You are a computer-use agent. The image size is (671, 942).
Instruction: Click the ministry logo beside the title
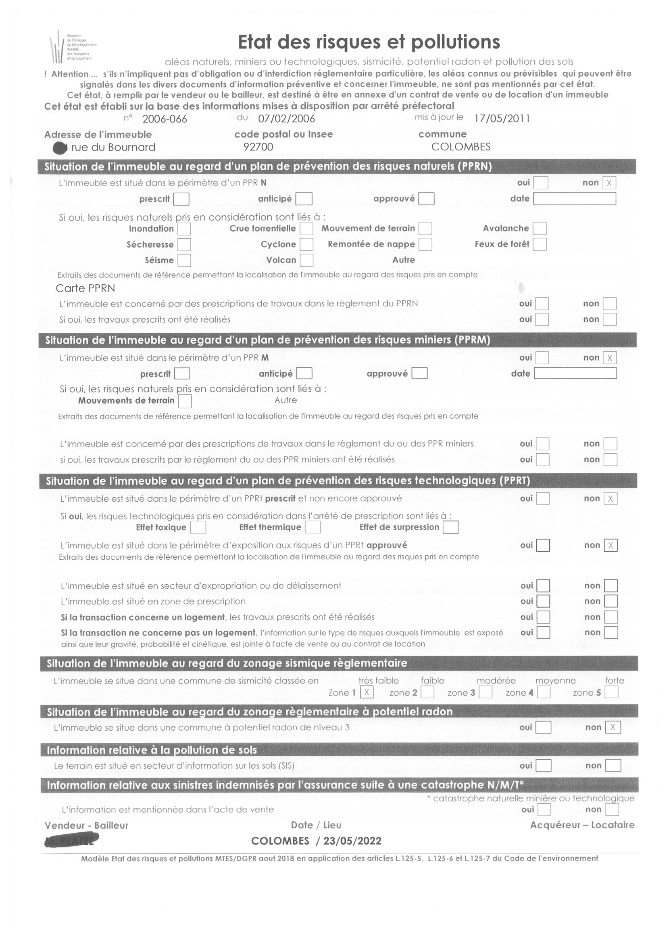point(72,47)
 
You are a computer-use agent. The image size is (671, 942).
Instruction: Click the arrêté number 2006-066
point(165,119)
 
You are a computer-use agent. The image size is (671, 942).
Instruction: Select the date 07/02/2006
point(286,119)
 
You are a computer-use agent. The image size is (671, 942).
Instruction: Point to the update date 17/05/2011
point(502,119)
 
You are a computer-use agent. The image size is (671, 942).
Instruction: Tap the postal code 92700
point(258,147)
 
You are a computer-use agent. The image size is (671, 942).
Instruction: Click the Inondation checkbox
point(184,229)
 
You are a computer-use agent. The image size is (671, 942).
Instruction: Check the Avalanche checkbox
point(539,229)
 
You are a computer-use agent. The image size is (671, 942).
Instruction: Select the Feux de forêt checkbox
point(539,244)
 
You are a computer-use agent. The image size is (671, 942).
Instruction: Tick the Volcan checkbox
point(306,260)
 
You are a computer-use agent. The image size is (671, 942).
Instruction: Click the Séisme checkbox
point(184,260)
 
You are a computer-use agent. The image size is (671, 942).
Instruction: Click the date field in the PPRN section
point(574,199)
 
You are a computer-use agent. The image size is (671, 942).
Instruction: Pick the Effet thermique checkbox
point(313,527)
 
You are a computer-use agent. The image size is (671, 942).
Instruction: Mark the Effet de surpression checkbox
point(450,527)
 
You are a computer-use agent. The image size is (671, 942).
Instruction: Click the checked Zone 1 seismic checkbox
point(366,692)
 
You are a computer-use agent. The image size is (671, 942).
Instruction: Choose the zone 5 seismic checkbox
point(611,692)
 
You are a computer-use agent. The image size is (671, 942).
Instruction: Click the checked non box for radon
point(613,727)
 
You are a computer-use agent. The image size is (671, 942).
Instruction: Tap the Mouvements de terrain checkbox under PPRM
point(185,401)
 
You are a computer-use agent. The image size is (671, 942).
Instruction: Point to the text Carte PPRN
point(85,288)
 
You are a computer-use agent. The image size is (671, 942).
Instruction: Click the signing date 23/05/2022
point(352,841)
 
